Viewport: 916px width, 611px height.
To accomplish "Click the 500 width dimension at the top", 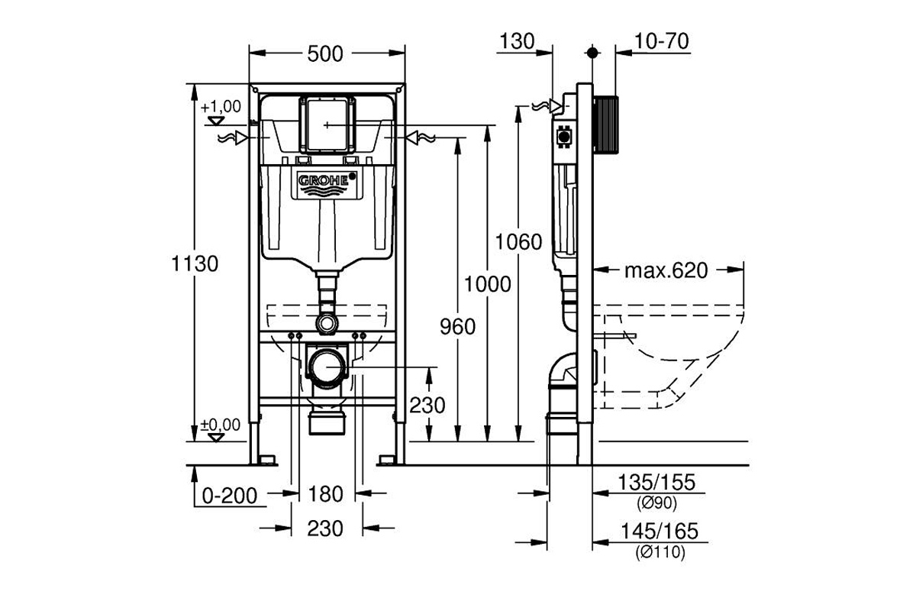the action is click(x=325, y=53).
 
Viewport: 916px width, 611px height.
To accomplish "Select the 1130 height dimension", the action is click(x=195, y=263).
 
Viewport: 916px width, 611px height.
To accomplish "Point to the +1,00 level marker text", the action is click(x=221, y=107).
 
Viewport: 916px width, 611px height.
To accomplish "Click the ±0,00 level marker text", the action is click(x=221, y=425).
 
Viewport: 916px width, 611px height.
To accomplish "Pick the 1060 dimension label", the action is click(x=518, y=242).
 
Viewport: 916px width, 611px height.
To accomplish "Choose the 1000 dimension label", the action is click(x=488, y=284).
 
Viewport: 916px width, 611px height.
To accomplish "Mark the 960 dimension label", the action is click(x=457, y=327).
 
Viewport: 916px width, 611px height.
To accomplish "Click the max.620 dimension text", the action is click(x=666, y=270).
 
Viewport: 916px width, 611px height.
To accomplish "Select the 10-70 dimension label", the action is click(x=662, y=41).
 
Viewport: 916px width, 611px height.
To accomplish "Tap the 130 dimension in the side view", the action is click(x=517, y=41).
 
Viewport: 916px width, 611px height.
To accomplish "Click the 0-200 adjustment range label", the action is click(x=230, y=496).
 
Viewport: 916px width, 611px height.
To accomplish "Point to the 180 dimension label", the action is click(x=325, y=494).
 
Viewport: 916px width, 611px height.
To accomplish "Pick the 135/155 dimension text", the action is click(x=656, y=482).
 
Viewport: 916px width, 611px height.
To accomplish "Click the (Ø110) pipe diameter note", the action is click(x=660, y=552).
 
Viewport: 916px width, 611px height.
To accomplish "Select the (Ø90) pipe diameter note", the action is click(x=656, y=503).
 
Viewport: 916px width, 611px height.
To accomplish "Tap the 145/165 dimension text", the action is click(x=660, y=532).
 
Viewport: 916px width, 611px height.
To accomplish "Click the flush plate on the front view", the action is click(x=327, y=124).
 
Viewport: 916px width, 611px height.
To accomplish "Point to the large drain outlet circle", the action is click(x=327, y=367).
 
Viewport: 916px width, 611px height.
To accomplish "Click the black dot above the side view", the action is click(x=592, y=53).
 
